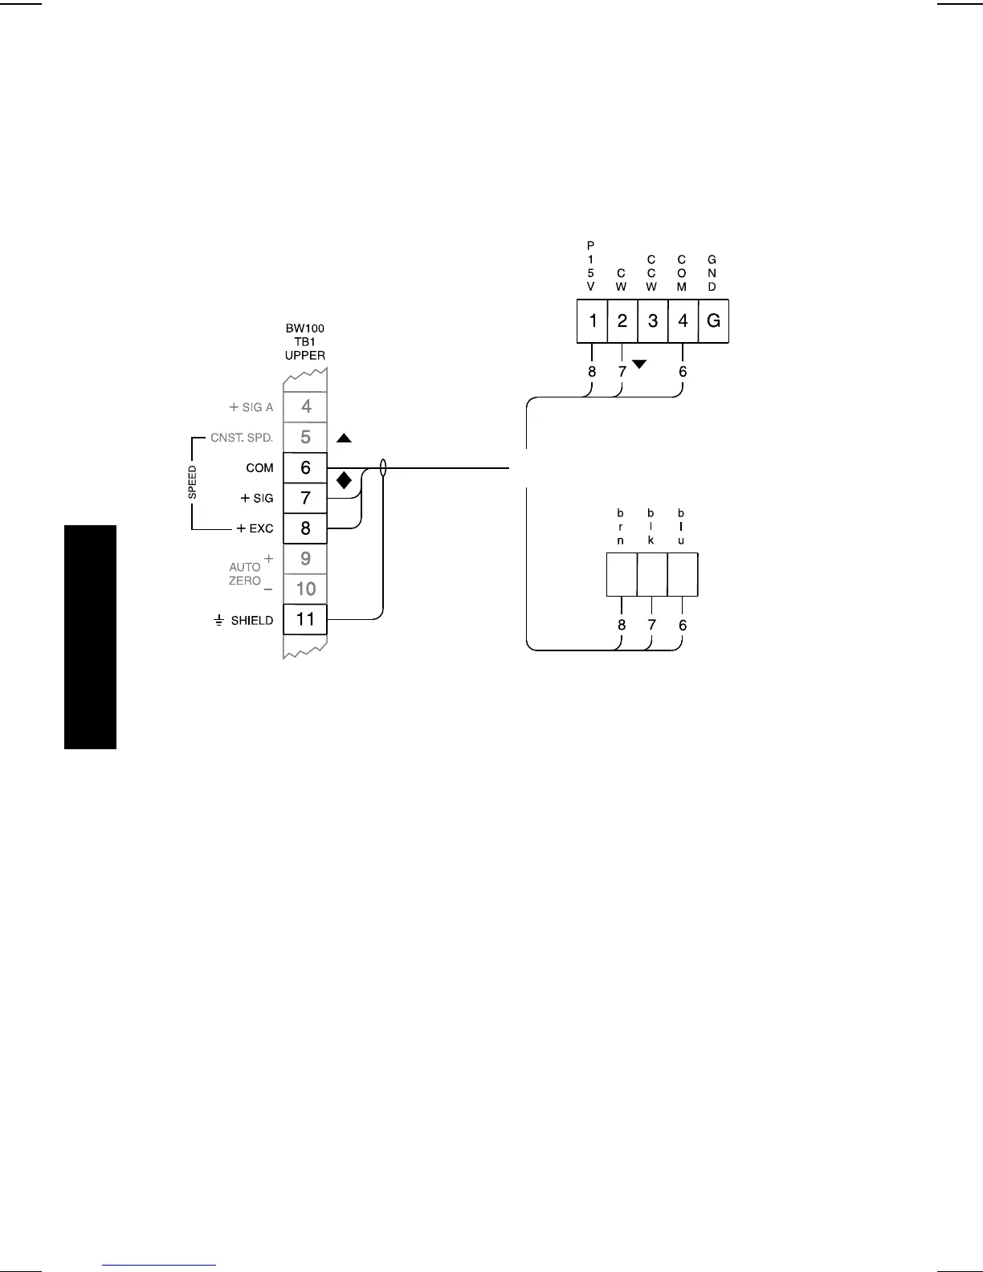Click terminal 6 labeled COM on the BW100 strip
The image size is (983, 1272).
pos(305,468)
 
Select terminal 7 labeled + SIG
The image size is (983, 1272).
pos(305,498)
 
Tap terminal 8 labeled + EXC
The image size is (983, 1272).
pos(305,528)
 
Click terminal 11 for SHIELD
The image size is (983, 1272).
pos(305,619)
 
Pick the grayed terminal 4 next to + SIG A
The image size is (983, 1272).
pos(305,407)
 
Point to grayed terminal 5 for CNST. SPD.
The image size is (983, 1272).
pos(305,438)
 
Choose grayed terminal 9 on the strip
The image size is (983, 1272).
pos(305,559)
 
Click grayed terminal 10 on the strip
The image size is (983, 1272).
pos(305,589)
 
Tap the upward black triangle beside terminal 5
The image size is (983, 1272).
pos(344,438)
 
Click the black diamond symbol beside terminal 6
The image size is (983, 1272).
pos(344,481)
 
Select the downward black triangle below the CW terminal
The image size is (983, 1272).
pos(639,365)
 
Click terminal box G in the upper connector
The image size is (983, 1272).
pos(713,321)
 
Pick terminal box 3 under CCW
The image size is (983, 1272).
pos(653,321)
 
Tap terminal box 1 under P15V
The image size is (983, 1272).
pos(592,321)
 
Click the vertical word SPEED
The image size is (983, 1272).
pos(193,483)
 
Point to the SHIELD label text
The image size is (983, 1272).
pos(251,621)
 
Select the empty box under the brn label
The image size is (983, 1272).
pos(621,574)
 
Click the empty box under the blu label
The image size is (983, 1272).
pos(683,574)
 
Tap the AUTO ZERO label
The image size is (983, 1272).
pos(245,573)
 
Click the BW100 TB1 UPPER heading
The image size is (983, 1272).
pos(305,342)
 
